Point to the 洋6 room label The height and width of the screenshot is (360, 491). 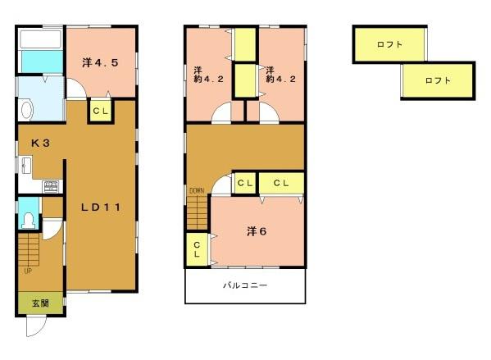click(x=257, y=231)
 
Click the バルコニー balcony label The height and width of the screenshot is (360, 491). click(x=246, y=286)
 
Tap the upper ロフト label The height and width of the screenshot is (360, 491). click(x=389, y=45)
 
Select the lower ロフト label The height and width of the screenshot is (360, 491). click(x=437, y=80)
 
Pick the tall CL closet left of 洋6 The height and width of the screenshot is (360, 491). click(x=198, y=249)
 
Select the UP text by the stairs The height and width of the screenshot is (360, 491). click(x=28, y=271)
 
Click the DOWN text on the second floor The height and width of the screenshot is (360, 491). click(x=197, y=191)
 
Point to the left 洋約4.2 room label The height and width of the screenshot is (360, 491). click(x=198, y=75)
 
